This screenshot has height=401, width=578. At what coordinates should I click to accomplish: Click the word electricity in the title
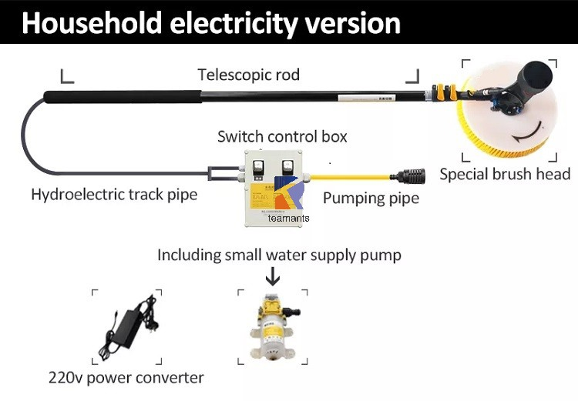click(225, 22)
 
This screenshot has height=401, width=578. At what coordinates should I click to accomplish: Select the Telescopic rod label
click(248, 75)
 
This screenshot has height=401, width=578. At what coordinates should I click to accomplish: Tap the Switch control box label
click(282, 137)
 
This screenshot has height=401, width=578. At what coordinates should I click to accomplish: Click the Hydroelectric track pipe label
click(114, 194)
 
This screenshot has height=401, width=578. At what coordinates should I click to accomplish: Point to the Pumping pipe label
click(371, 198)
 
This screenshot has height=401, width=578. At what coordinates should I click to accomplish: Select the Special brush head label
click(505, 174)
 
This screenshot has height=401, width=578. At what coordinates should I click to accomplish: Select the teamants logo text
click(289, 218)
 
